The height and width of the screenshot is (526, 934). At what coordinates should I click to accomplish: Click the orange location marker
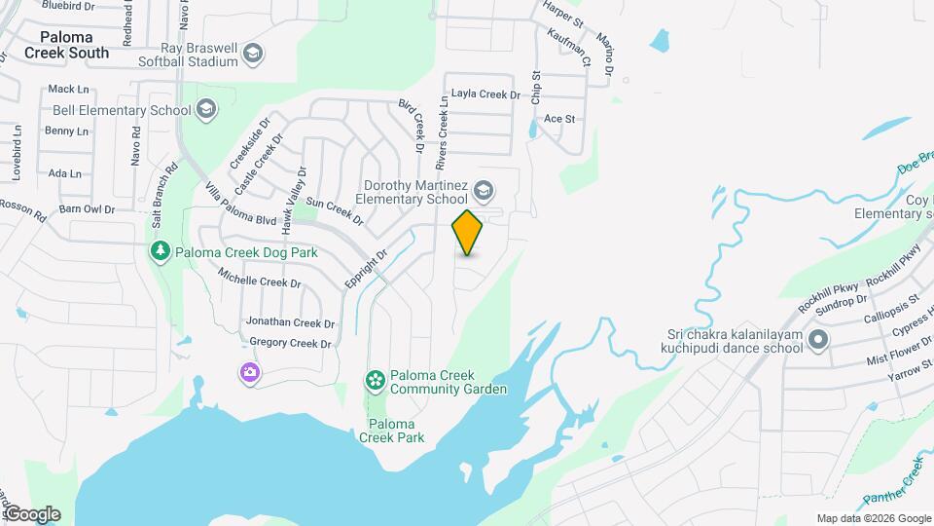(468, 232)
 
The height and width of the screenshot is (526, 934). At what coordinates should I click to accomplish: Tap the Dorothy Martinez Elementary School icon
(484, 187)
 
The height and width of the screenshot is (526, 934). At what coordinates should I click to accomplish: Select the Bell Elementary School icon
(206, 110)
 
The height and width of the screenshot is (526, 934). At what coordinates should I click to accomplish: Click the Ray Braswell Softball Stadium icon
(254, 53)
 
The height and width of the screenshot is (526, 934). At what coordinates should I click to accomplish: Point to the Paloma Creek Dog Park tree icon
(160, 251)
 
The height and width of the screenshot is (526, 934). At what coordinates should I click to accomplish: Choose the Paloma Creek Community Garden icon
(375, 380)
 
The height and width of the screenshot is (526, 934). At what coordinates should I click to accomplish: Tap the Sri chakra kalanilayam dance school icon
(818, 340)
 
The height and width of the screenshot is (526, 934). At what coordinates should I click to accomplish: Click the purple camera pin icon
(250, 372)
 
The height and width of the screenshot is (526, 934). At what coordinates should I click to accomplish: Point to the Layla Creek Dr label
(486, 94)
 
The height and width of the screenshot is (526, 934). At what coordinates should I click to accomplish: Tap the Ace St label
(560, 119)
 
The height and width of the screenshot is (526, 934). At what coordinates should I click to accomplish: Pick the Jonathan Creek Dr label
(290, 322)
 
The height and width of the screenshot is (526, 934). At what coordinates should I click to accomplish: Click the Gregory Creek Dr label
(290, 343)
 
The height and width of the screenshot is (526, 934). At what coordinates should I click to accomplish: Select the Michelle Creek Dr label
(260, 282)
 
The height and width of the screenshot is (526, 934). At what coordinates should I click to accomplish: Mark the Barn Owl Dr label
(87, 208)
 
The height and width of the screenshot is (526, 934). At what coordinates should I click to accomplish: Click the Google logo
(32, 513)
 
